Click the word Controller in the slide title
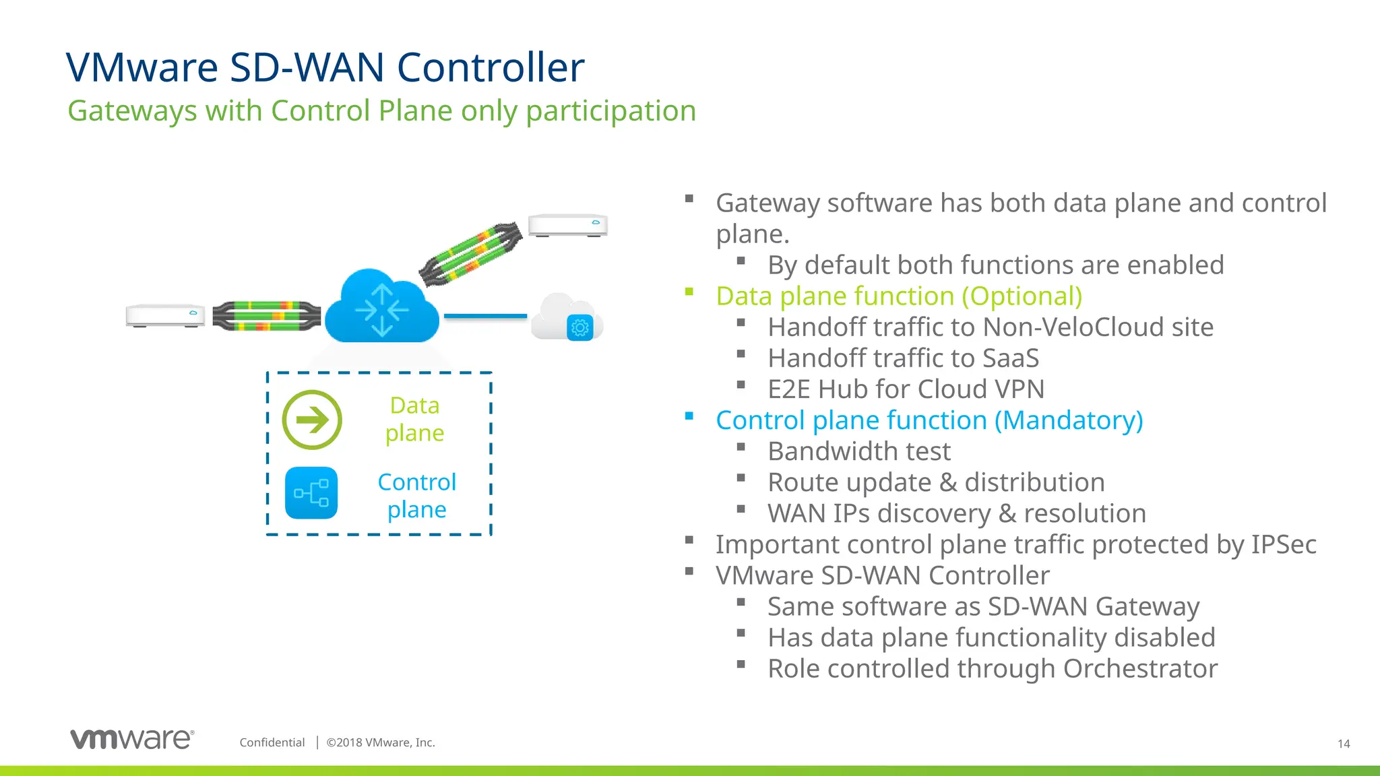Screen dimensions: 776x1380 point(490,68)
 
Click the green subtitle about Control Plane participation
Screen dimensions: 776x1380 point(381,111)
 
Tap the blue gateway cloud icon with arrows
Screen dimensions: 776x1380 point(382,309)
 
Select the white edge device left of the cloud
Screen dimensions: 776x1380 point(165,315)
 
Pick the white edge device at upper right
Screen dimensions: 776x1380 point(567,225)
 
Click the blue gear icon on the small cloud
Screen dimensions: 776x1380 point(579,328)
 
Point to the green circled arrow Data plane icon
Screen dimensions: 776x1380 point(312,420)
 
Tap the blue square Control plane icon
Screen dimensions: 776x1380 point(311,493)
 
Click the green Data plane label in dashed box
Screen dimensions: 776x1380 point(414,419)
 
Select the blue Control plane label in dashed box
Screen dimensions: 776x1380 point(416,496)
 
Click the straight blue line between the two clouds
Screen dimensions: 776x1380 point(485,316)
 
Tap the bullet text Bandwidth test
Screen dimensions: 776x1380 point(859,451)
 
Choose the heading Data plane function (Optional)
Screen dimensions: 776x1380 point(899,296)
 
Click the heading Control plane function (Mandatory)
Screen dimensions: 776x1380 point(929,420)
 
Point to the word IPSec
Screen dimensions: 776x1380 point(1283,545)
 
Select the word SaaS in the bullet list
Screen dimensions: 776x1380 point(1010,358)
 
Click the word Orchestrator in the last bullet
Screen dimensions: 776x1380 point(1140,669)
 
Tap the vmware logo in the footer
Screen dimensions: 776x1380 point(133,739)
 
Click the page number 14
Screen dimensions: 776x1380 point(1343,744)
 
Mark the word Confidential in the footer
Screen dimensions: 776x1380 point(272,742)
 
